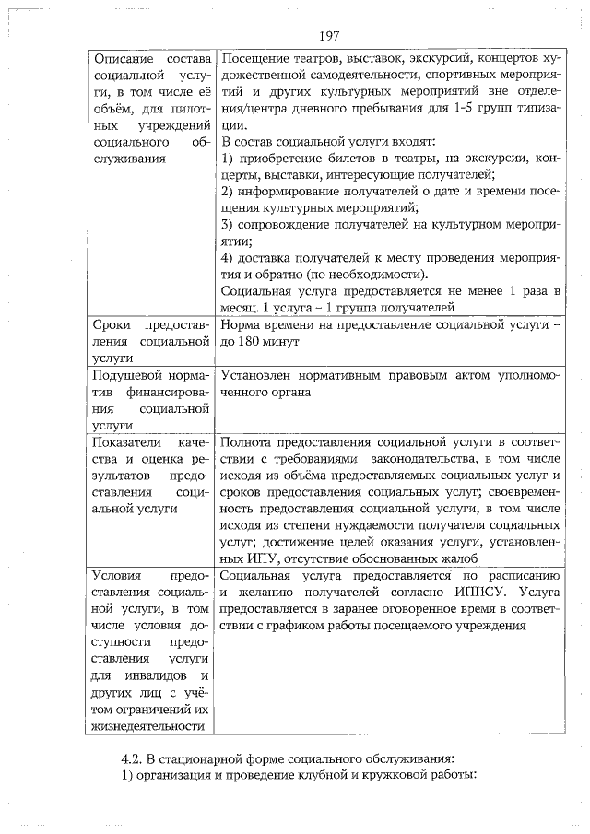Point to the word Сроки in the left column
[x=115, y=325]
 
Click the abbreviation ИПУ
[x=238, y=558]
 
